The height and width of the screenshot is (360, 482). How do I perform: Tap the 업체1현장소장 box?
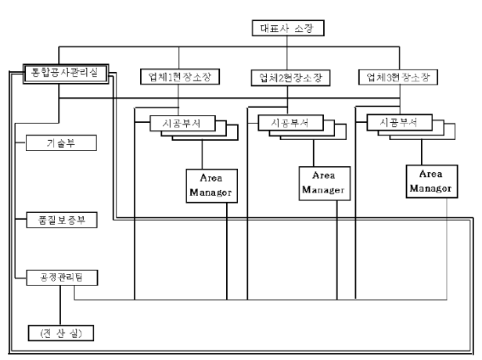coord(179,77)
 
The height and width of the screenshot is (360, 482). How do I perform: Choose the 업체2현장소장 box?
coord(290,77)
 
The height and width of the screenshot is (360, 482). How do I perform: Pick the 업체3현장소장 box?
coord(397,77)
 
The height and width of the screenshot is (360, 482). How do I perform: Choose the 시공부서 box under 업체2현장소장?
coord(285,123)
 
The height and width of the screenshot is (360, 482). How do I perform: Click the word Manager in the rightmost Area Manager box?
coord(430,188)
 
